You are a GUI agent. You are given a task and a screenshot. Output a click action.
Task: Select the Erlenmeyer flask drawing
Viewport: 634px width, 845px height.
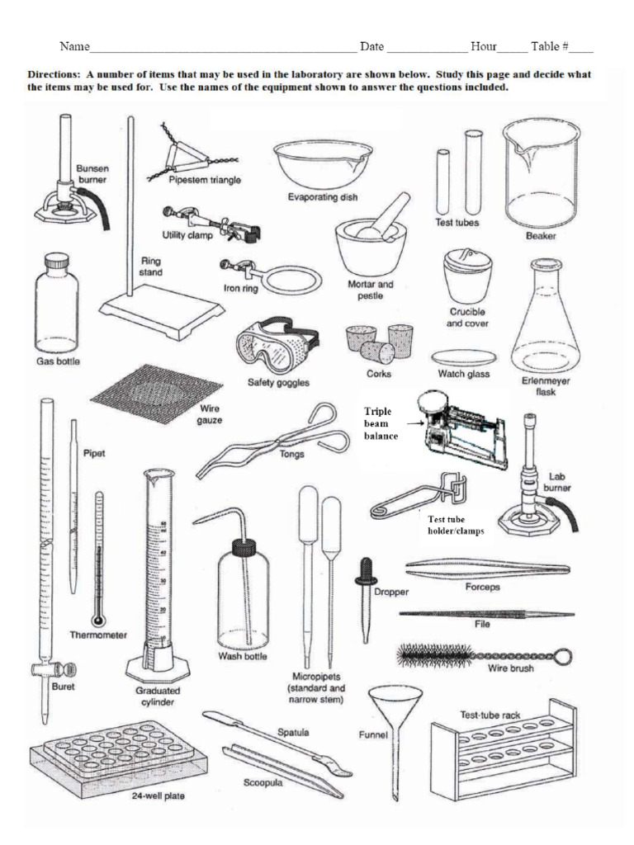coord(545,322)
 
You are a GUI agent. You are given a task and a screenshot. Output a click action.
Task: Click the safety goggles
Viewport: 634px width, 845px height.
coord(273,347)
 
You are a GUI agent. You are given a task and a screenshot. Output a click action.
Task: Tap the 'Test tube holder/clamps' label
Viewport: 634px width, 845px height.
coord(456,525)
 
